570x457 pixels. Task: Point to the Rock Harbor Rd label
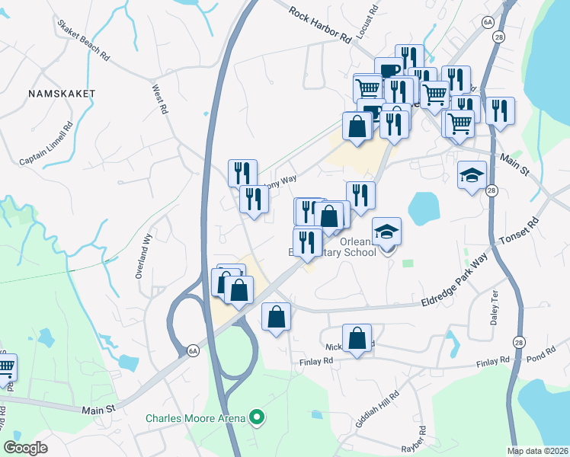[x=320, y=24]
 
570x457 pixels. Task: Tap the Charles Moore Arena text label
[x=196, y=417]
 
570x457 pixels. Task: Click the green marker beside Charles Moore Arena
[x=257, y=417]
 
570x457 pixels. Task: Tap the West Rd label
[x=160, y=99]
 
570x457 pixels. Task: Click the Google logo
[x=26, y=448]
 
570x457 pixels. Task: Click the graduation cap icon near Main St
[x=472, y=176]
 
